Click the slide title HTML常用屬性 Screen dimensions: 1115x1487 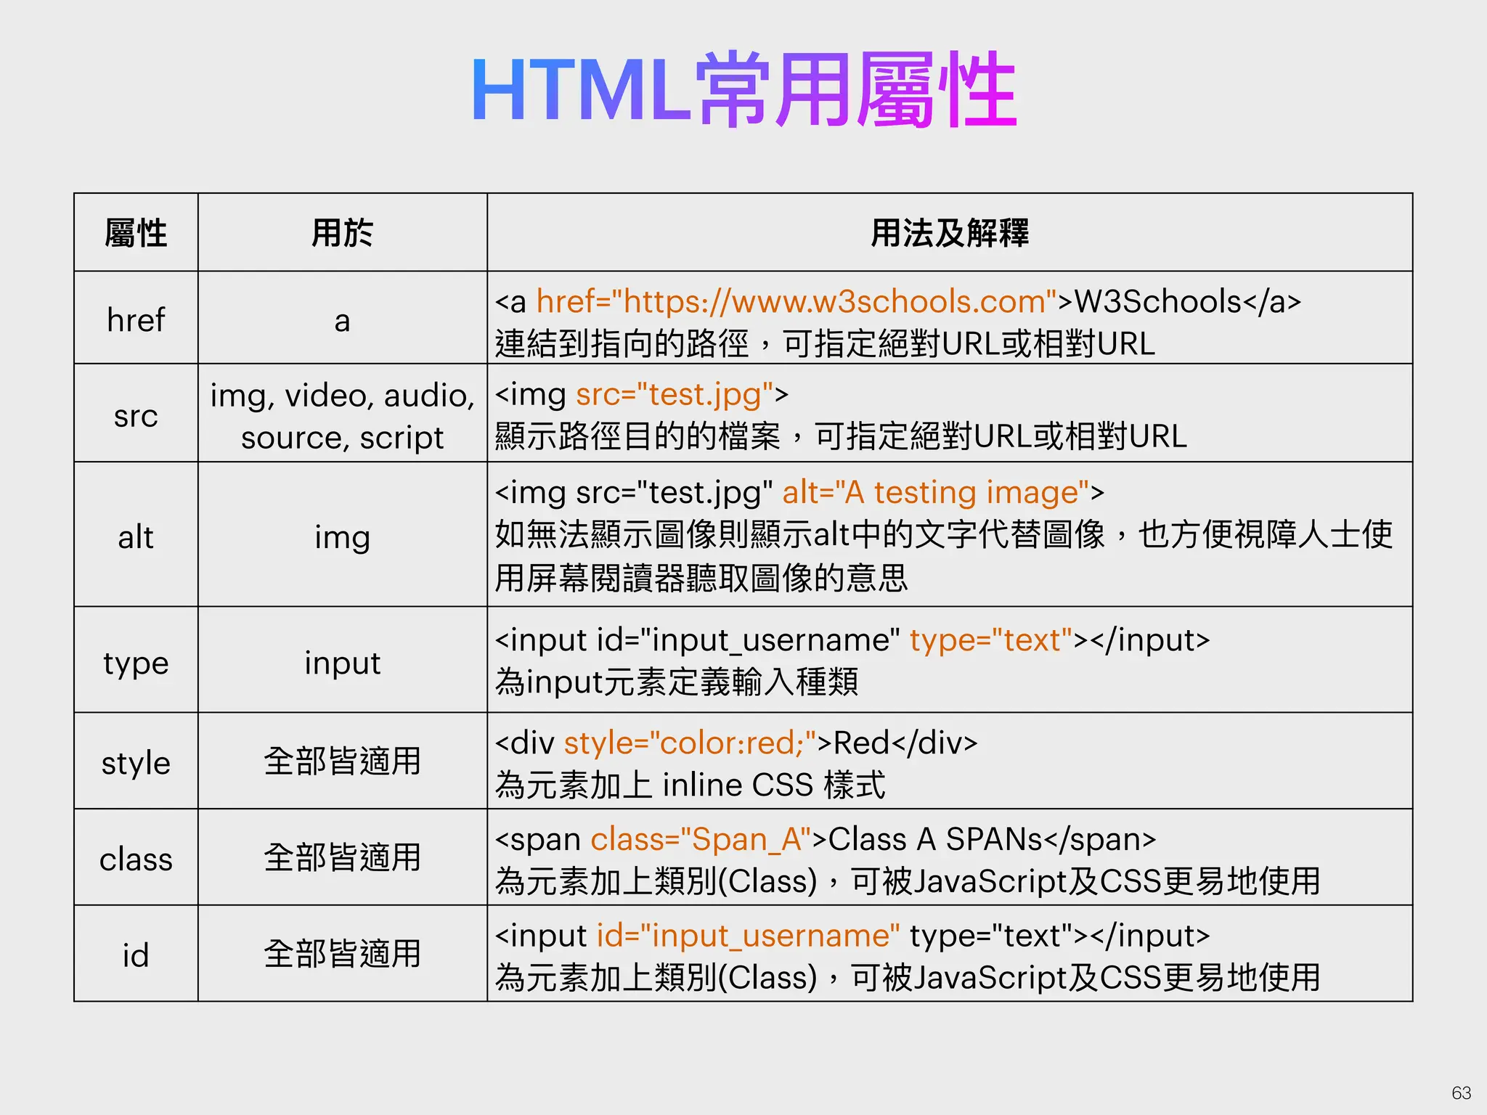pyautogui.click(x=743, y=91)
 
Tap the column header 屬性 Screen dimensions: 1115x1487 pyautogui.click(x=136, y=233)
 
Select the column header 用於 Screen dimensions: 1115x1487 pyautogui.click(x=342, y=233)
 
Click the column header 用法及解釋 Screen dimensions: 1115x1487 pyautogui.click(x=949, y=233)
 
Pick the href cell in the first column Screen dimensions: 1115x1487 pyautogui.click(x=136, y=319)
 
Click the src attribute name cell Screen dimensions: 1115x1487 pyautogui.click(x=136, y=415)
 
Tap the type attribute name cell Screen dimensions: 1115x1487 pyautogui.click(x=136, y=663)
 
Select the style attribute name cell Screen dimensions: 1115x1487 pyautogui.click(x=136, y=763)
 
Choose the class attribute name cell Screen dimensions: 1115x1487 pyautogui.click(x=136, y=859)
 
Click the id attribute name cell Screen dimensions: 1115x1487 pyautogui.click(x=136, y=955)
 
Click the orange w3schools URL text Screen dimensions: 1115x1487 pyautogui.click(x=797, y=301)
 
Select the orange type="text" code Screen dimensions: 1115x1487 pyautogui.click(x=991, y=640)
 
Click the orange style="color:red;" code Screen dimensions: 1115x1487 pyautogui.click(x=690, y=743)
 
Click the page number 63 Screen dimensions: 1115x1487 pyautogui.click(x=1461, y=1092)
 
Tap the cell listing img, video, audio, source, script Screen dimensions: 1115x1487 pyautogui.click(x=342, y=416)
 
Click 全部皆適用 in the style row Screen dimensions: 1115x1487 pyautogui.click(x=342, y=761)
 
